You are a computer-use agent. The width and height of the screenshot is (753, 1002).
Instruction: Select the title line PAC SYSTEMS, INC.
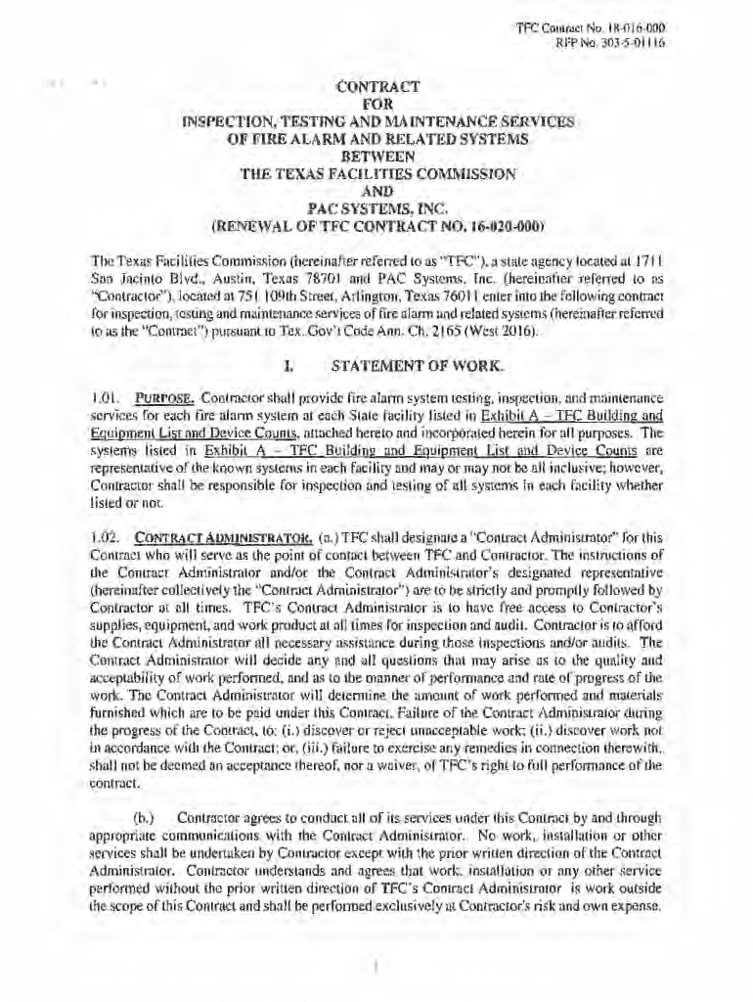tap(376, 207)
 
